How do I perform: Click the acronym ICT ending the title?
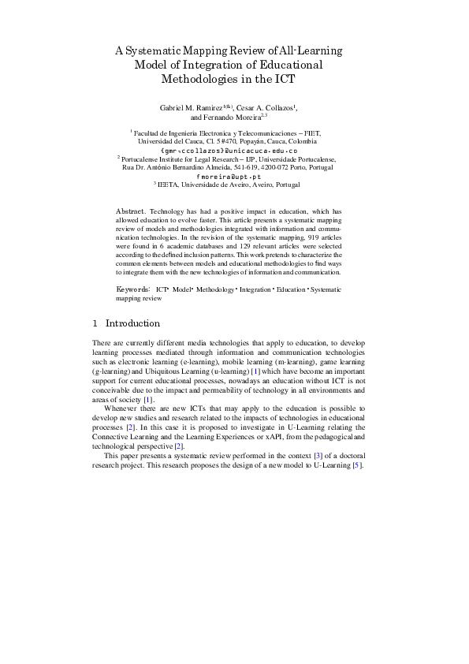(x=285, y=79)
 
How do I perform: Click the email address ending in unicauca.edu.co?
(x=228, y=149)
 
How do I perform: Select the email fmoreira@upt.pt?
(x=228, y=177)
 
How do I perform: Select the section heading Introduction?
(x=132, y=323)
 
